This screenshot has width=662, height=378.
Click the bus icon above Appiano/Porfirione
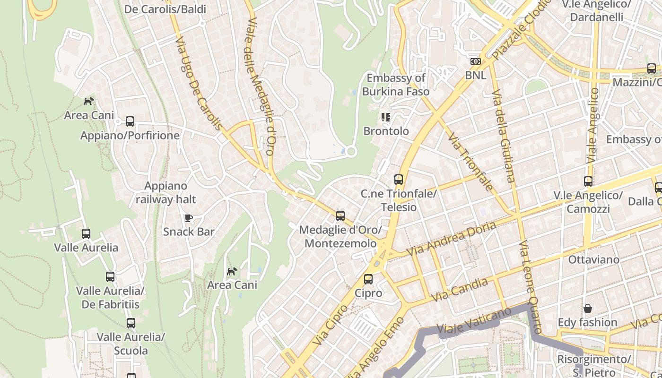[130, 121]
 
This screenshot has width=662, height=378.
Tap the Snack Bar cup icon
[188, 218]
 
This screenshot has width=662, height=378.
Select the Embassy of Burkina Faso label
[396, 85]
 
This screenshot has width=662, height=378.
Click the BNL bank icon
[475, 61]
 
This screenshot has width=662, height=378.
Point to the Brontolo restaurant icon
[386, 117]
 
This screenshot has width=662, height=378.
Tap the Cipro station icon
[368, 279]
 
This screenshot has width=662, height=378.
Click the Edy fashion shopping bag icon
[587, 309]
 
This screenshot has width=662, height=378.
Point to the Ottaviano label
[593, 259]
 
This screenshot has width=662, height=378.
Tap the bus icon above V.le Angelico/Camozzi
[588, 181]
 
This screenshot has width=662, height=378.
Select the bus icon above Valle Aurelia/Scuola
[131, 323]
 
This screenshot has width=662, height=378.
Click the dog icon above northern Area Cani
[88, 101]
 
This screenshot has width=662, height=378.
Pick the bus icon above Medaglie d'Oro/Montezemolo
[340, 216]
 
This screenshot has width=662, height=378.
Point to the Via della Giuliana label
[504, 136]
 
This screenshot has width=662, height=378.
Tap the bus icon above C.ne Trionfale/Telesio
[399, 180]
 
